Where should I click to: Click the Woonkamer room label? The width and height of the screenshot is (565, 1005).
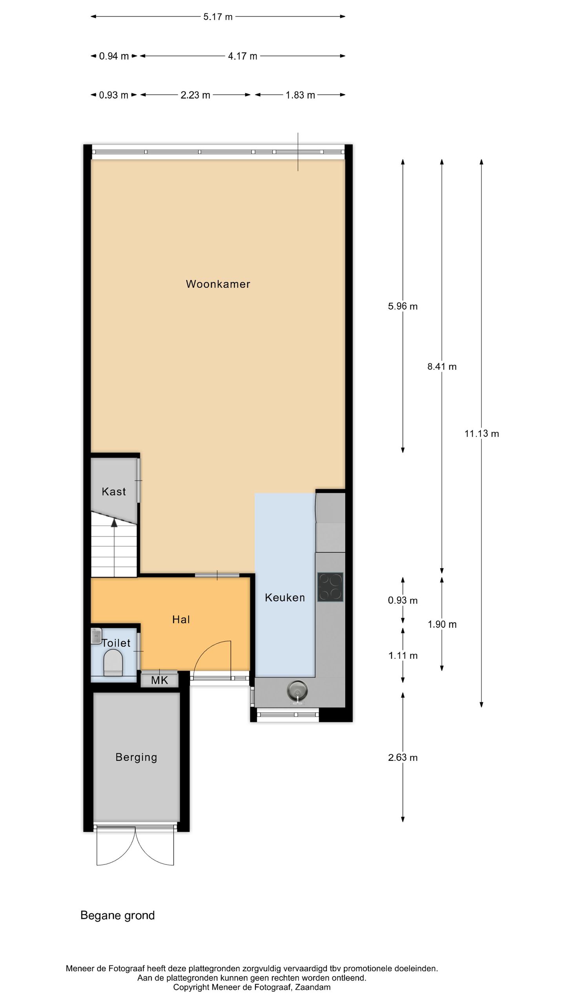(x=218, y=284)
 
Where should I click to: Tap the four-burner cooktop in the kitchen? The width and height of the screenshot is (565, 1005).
(x=330, y=587)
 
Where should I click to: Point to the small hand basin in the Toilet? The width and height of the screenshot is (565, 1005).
(x=96, y=636)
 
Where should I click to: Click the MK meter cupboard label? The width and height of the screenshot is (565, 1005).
(x=159, y=680)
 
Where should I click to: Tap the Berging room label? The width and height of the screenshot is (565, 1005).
(x=136, y=757)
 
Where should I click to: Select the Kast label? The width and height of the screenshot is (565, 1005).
(x=114, y=492)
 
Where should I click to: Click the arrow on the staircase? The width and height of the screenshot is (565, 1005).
(x=114, y=523)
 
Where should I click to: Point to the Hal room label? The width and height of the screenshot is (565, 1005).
(x=181, y=619)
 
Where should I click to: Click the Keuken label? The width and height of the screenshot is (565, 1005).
(x=284, y=598)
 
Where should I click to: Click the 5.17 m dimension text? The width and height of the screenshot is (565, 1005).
(x=218, y=17)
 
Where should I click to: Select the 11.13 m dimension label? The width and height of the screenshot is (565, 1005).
(x=481, y=434)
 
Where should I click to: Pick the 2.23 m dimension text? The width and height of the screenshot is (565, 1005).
(x=195, y=95)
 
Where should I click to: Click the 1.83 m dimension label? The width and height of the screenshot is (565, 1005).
(x=300, y=95)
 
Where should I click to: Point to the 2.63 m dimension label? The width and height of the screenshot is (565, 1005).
(x=403, y=758)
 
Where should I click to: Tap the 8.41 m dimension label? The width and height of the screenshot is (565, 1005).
(x=442, y=367)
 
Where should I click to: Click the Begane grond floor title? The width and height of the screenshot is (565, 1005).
(x=117, y=915)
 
